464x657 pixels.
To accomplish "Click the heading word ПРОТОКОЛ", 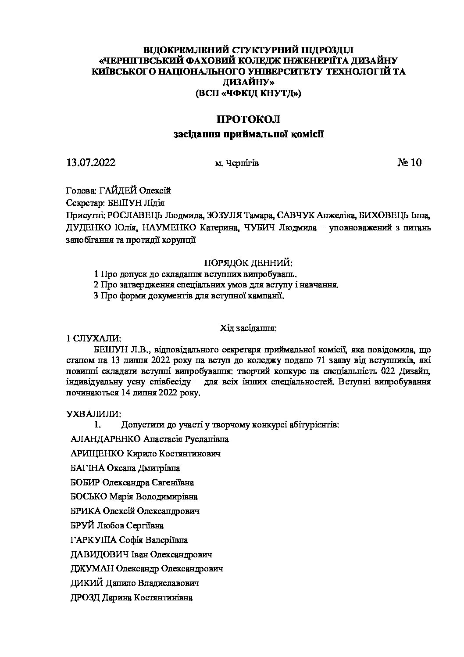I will (x=248, y=119).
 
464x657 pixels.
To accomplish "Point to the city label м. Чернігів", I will (x=237, y=164).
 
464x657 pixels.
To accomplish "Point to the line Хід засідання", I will (x=248, y=327).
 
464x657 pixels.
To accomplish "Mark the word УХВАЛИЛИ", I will (x=93, y=414).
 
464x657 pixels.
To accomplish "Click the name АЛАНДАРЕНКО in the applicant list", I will (x=105, y=439).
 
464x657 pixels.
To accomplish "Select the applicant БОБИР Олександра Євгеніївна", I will (x=132, y=482).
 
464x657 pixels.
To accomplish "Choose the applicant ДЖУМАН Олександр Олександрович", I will (x=146, y=569).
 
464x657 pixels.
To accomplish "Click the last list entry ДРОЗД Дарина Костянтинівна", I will (x=131, y=598).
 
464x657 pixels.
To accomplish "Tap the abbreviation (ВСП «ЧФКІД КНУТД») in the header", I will (x=248, y=93).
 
